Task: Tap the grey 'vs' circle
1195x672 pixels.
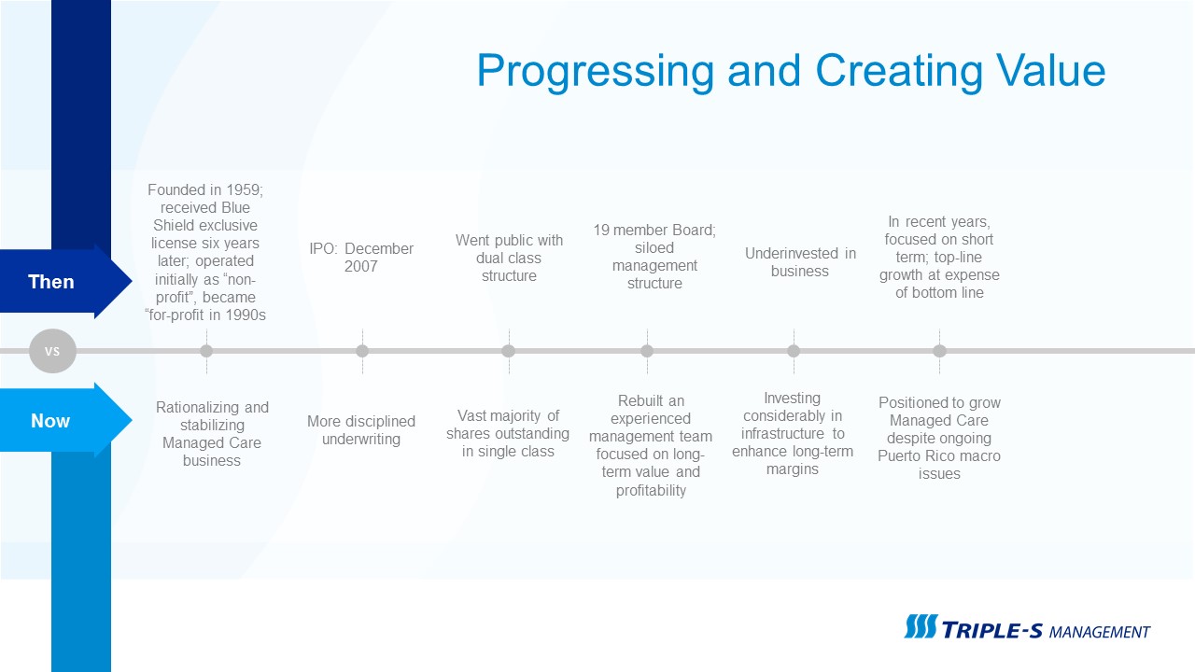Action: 52,351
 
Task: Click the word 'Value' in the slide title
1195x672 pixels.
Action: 1050,70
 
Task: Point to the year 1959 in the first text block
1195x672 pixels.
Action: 245,189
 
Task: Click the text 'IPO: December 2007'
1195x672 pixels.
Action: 361,257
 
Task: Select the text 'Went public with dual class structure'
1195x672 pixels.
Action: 509,258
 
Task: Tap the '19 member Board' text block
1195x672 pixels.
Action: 654,257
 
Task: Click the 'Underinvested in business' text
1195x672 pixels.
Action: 800,262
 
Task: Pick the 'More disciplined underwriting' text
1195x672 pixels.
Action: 361,430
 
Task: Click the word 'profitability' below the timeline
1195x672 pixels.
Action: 651,490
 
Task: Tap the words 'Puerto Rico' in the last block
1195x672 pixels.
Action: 917,456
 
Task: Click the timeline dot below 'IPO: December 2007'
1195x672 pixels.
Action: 362,351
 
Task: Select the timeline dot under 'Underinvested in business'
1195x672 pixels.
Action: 794,351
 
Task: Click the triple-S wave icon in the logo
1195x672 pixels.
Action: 921,626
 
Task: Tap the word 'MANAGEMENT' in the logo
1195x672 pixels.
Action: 1100,632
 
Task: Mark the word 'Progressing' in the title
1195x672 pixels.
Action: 596,72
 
